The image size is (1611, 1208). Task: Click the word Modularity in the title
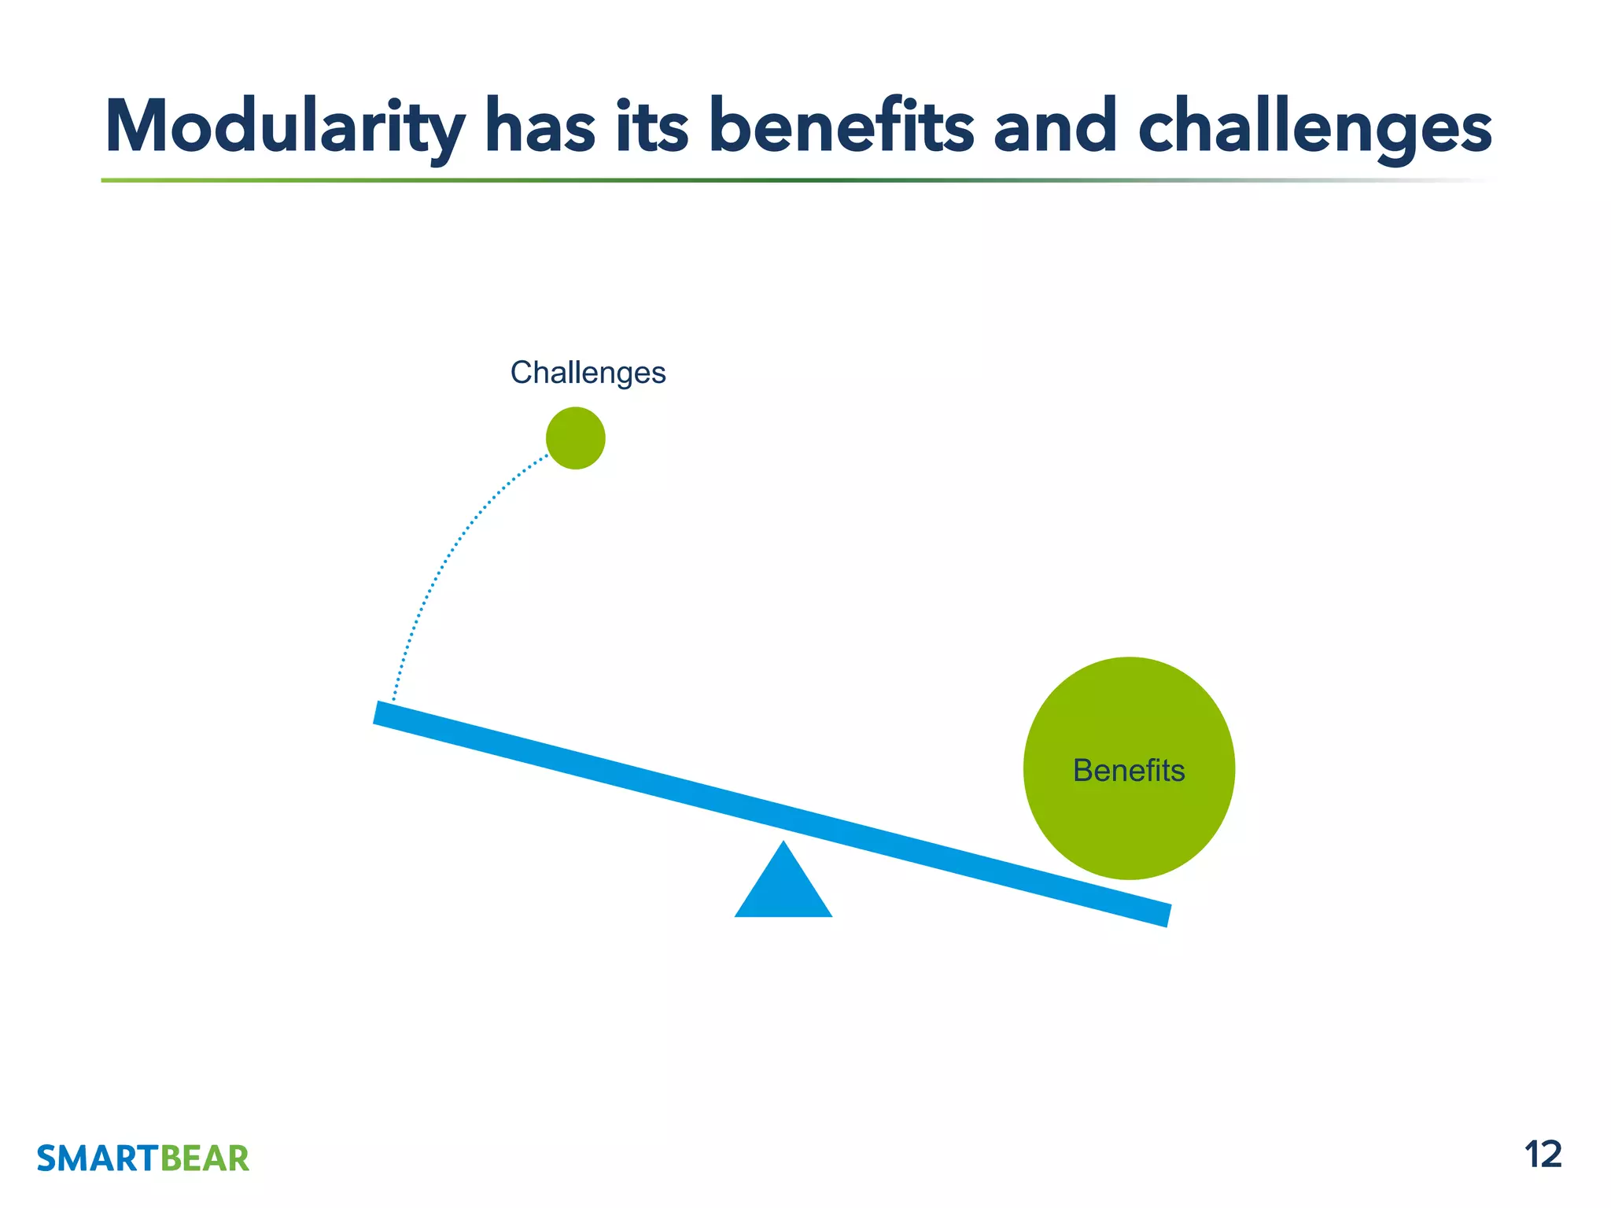click(x=285, y=128)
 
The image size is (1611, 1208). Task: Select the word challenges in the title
click(x=1315, y=128)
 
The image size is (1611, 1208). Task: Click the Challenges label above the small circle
click(x=588, y=373)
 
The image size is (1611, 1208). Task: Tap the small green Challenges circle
click(x=576, y=438)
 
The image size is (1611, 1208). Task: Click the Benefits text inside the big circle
click(x=1129, y=771)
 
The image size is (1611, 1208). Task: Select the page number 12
click(x=1543, y=1155)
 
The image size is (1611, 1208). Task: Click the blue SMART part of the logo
click(x=98, y=1159)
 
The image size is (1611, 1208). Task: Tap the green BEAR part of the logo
click(x=205, y=1159)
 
